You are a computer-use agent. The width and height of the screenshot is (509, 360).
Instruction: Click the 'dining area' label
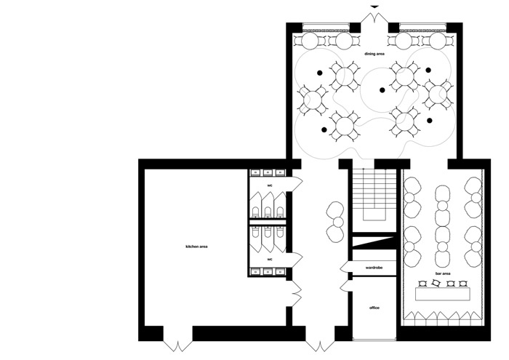pyautogui.click(x=374, y=54)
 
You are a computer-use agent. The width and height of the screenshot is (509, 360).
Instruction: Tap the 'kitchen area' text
pyautogui.click(x=196, y=247)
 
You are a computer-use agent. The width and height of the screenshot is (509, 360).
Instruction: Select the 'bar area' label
pyautogui.click(x=443, y=273)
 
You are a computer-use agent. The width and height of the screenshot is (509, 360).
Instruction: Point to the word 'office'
pyautogui.click(x=374, y=308)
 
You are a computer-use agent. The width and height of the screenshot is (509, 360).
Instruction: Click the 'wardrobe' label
pyautogui.click(x=374, y=268)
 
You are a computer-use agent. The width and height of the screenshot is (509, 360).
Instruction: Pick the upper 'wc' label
pyautogui.click(x=270, y=185)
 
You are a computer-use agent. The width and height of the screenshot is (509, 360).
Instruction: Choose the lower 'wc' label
pyautogui.click(x=270, y=260)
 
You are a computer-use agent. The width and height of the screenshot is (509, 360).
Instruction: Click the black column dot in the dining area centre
pyautogui.click(x=382, y=90)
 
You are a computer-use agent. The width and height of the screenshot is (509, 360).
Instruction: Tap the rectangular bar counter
pyautogui.click(x=442, y=294)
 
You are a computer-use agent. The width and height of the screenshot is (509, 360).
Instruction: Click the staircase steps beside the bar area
pyautogui.click(x=374, y=194)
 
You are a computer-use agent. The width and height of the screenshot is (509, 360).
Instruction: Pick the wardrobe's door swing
pyautogui.click(x=346, y=267)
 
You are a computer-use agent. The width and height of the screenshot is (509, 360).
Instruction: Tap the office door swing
pyautogui.click(x=346, y=286)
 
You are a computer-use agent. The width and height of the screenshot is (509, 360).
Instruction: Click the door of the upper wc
pyautogui.click(x=297, y=184)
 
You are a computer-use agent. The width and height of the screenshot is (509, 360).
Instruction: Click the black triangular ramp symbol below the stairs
pyautogui.click(x=373, y=241)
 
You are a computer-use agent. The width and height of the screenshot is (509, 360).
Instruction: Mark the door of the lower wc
pyautogui.click(x=297, y=260)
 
